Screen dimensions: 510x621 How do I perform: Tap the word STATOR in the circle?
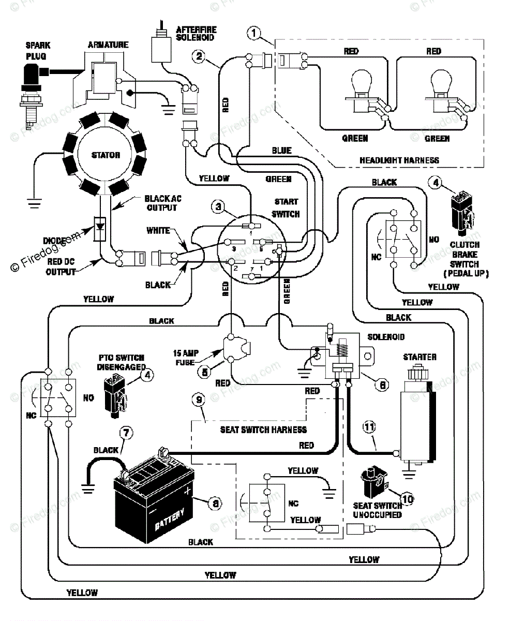pos(106,155)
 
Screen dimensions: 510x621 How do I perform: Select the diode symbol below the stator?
pos(100,229)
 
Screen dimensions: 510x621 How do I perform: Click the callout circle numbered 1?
pos(254,33)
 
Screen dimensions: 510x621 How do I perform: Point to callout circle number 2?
pos(199,56)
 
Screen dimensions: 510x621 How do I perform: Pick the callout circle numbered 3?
pos(218,206)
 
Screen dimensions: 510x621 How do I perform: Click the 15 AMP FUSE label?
pos(186,358)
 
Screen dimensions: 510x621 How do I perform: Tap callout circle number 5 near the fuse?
pos(204,372)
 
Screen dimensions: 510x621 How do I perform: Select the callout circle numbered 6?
pos(382,385)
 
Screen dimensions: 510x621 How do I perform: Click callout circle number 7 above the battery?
pos(126,433)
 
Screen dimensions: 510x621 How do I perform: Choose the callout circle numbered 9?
pos(199,400)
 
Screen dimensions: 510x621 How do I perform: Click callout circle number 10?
pos(408,499)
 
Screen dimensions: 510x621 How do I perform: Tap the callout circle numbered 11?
pos(369,426)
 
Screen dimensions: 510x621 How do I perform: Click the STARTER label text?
pos(419,357)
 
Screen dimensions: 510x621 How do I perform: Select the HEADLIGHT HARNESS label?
pos(399,160)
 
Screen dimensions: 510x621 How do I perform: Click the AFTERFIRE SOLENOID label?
pos(196,34)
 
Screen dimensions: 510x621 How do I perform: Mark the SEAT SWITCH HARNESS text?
pos(263,430)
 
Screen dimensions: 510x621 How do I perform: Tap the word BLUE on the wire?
pos(281,151)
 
